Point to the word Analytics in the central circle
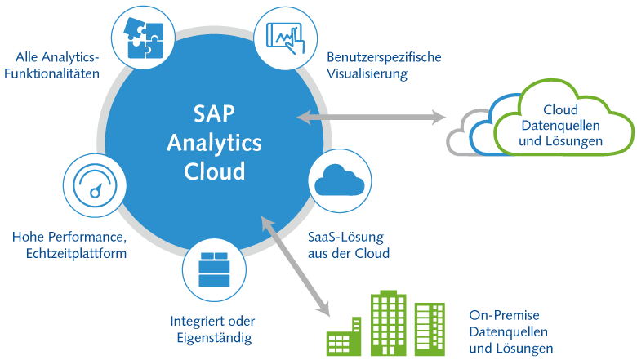point(215,142)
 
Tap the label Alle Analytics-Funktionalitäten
point(57,65)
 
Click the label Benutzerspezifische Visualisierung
point(384,65)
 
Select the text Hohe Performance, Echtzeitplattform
point(69,245)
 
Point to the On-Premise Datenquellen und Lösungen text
point(510,331)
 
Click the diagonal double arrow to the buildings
point(294,265)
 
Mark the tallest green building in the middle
point(388,323)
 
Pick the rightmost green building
point(430,328)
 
